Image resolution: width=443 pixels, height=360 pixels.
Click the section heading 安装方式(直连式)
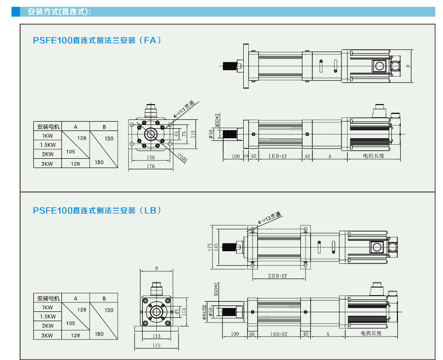pyautogui.click(x=59, y=12)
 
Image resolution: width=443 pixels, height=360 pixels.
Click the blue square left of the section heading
pyautogui.click(x=16, y=12)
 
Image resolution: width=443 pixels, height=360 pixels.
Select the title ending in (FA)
pyautogui.click(x=98, y=41)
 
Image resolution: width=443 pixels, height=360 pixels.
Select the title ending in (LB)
pyautogui.click(x=98, y=210)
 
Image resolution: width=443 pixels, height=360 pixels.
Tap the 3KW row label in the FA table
pyautogui.click(x=48, y=164)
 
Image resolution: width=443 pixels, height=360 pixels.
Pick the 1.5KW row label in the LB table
pyautogui.click(x=48, y=316)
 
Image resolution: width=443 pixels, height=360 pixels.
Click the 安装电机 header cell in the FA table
pyautogui.click(x=48, y=127)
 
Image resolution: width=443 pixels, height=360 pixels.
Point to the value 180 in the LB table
pyautogui.click(x=99, y=334)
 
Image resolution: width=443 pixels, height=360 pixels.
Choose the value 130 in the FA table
pyautogui.click(x=109, y=139)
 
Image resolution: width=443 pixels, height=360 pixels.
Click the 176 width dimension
pyautogui.click(x=151, y=167)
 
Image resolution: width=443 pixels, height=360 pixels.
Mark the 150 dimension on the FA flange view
pyautogui.click(x=151, y=158)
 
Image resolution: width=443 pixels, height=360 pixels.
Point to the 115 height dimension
pyautogui.click(x=193, y=134)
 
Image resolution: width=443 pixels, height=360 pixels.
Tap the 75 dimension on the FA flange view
pyautogui.click(x=184, y=133)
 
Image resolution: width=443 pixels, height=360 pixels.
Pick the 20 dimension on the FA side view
pyautogui.click(x=245, y=156)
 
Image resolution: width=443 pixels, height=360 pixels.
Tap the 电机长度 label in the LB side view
pyautogui.click(x=371, y=334)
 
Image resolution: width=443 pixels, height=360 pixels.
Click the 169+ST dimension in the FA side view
pyautogui.click(x=278, y=156)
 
